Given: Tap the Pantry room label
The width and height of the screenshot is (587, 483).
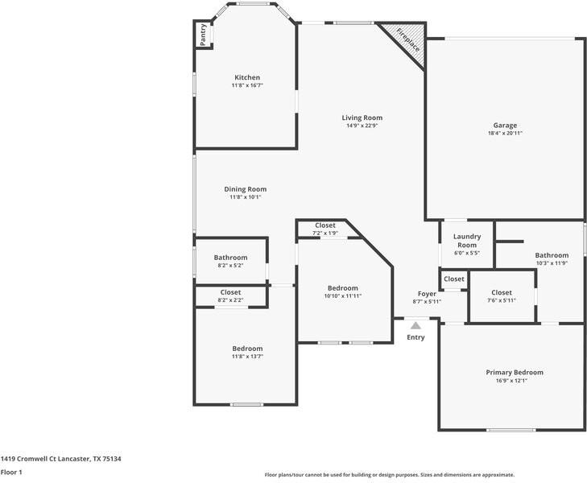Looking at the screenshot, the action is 203,35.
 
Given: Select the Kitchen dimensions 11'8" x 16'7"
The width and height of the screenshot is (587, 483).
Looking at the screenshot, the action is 247,85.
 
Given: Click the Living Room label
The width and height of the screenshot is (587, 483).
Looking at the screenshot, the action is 362,118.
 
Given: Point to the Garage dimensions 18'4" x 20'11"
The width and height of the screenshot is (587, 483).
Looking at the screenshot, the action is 505,133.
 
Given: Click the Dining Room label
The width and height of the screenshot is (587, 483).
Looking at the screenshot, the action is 246,189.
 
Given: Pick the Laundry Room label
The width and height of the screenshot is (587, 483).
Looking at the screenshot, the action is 467,241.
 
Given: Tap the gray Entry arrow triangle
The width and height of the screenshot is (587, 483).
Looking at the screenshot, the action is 415,325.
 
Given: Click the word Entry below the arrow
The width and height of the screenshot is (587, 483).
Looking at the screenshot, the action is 415,337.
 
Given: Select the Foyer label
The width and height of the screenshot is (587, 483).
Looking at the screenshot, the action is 427,294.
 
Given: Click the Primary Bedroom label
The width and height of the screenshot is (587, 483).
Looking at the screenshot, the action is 515,372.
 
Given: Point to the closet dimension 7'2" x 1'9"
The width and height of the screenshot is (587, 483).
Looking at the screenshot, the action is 325,233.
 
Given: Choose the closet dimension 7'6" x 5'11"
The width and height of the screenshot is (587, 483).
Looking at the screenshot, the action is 502,300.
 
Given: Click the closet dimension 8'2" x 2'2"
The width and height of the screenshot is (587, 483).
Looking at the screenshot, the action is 230,300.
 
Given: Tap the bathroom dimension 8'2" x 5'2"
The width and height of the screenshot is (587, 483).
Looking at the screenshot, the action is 230,266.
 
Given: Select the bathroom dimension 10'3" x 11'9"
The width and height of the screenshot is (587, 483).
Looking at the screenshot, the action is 552,263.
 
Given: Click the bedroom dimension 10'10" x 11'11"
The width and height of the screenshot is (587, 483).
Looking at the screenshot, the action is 342,296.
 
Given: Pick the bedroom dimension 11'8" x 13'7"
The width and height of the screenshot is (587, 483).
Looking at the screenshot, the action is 247,357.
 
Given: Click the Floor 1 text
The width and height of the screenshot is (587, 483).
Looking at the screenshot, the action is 11,473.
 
